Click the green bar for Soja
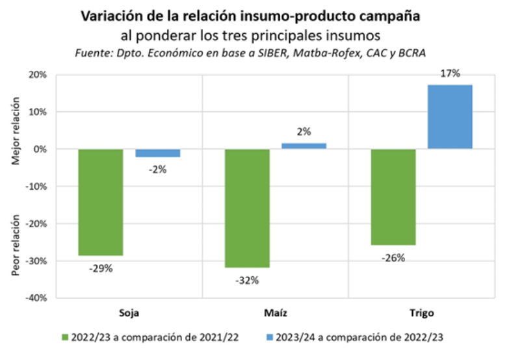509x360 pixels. tap(101, 202)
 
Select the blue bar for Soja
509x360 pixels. tap(158, 153)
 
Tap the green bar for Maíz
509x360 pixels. tap(248, 208)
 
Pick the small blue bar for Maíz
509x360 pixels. tap(304, 146)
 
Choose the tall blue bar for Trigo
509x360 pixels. tap(450, 117)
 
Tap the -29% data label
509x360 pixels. tap(101, 268)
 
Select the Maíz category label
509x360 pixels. tap(276, 313)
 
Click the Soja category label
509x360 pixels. tap(129, 313)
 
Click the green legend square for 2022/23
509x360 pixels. tap(65, 337)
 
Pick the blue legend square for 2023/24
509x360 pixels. tap(268, 337)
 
